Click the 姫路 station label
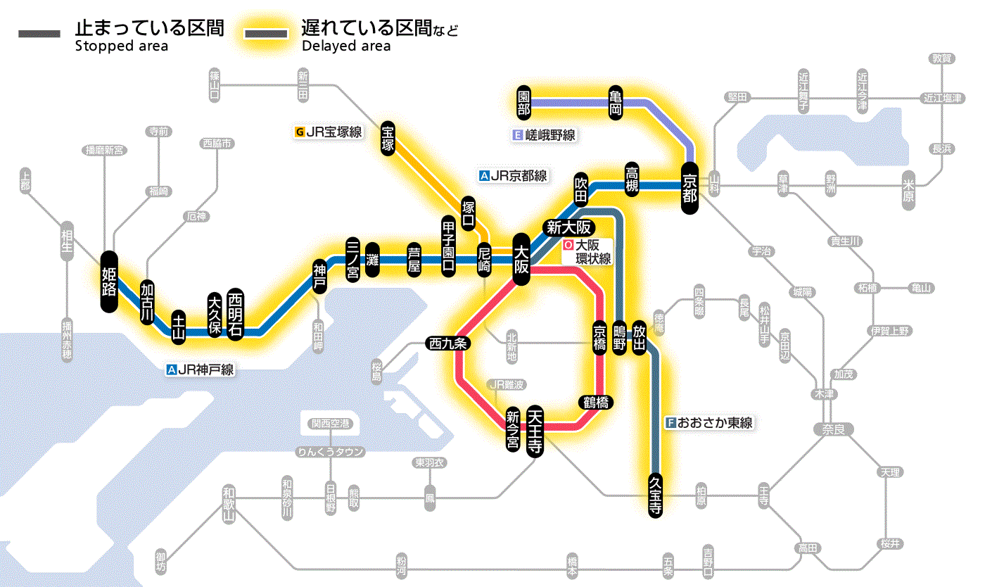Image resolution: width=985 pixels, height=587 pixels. (x=108, y=281)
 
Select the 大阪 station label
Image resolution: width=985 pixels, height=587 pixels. (x=521, y=259)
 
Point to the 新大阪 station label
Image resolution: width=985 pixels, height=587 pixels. (x=571, y=227)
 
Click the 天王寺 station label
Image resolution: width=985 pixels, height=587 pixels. (x=535, y=431)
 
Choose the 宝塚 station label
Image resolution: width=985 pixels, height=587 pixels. (x=388, y=138)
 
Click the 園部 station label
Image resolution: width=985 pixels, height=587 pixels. (x=523, y=102)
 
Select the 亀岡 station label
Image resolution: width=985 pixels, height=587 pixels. (x=616, y=102)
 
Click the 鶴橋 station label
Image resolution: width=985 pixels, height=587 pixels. (x=595, y=403)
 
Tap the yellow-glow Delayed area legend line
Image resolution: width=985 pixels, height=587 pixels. (x=266, y=34)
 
